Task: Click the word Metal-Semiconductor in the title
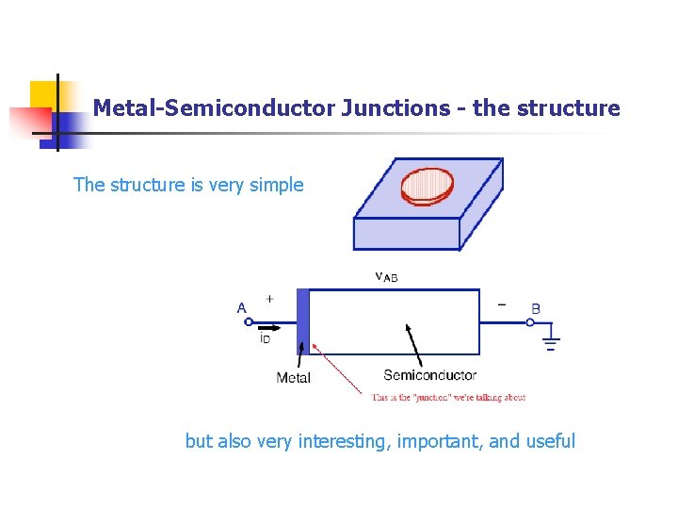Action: click(x=213, y=108)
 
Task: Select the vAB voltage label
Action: click(x=386, y=276)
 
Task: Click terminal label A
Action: click(x=242, y=308)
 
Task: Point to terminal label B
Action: click(x=536, y=308)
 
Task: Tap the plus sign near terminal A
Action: click(x=269, y=299)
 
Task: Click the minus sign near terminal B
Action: click(x=501, y=304)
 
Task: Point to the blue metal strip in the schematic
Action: click(x=302, y=321)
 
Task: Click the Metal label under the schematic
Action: click(x=293, y=378)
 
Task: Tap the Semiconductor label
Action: click(x=429, y=375)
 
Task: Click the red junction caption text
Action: click(x=447, y=398)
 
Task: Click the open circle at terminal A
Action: click(x=249, y=321)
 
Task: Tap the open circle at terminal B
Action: click(x=530, y=321)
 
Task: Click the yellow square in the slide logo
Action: click(x=44, y=94)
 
